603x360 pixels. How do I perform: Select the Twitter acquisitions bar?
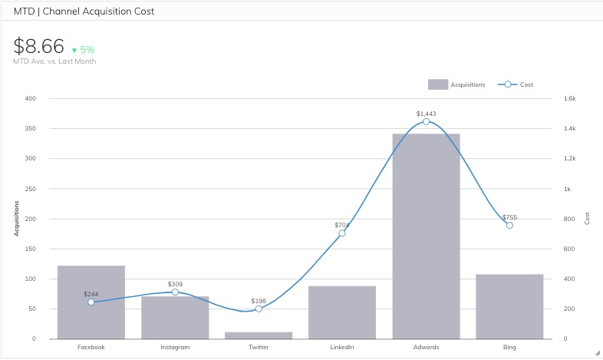[x=259, y=335]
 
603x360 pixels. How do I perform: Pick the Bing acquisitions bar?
[x=509, y=306]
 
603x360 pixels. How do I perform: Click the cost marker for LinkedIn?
[x=342, y=233]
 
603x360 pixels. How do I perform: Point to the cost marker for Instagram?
[x=175, y=292]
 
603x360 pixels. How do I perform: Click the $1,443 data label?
[x=426, y=114]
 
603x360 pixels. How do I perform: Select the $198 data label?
[x=259, y=301]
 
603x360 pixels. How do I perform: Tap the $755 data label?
[x=509, y=217]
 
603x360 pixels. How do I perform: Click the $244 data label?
[x=91, y=294]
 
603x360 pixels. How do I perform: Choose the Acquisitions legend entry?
[x=456, y=84]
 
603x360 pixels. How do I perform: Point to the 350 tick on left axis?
[x=30, y=128]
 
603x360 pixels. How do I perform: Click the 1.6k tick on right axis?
[x=570, y=98]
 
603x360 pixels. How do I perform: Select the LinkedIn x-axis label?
[x=342, y=347]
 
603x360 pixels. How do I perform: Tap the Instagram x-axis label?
[x=175, y=347]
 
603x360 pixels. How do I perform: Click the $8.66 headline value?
[x=38, y=45]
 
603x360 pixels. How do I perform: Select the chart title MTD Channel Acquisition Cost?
[x=84, y=12]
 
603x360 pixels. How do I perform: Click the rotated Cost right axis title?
[x=588, y=218]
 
